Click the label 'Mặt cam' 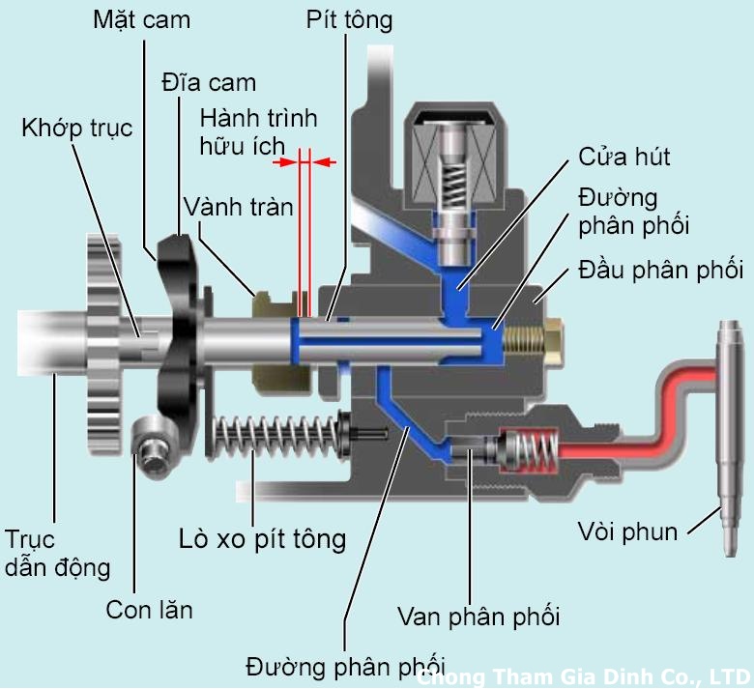tap(141, 18)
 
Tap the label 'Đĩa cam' tap(208, 80)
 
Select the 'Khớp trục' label tap(76, 128)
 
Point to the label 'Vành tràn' tap(238, 206)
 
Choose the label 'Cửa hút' tap(623, 158)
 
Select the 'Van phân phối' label tap(478, 616)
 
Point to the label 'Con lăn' tap(149, 610)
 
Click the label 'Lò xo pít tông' tap(262, 537)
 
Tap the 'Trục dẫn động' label tap(57, 553)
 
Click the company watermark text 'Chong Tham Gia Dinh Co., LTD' tap(586, 676)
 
